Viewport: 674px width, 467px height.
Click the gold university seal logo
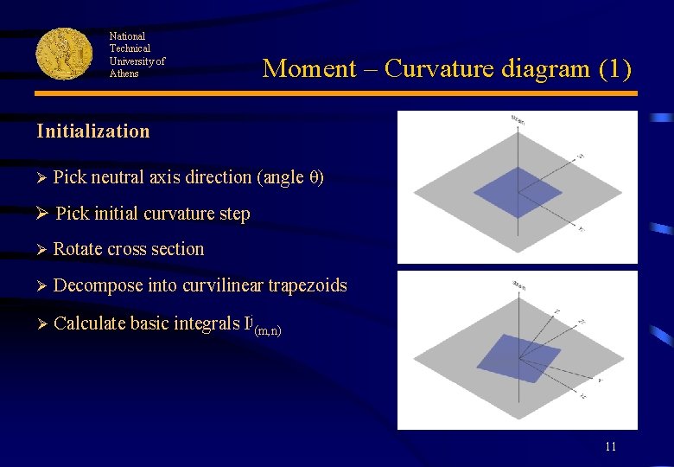[x=64, y=54]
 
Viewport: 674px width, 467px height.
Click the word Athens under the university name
[x=124, y=74]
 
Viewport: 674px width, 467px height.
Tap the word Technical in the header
[x=130, y=48]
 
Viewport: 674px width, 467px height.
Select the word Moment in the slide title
[x=309, y=68]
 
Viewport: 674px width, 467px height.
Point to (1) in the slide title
[x=614, y=68]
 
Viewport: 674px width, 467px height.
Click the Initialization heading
[x=93, y=131]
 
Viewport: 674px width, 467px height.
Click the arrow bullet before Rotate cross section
[x=41, y=249]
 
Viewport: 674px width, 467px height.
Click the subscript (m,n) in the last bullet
[x=267, y=329]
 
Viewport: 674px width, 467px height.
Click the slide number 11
[x=610, y=446]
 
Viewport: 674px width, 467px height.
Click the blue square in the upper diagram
[x=518, y=190]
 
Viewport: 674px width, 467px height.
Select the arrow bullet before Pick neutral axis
[x=41, y=177]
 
